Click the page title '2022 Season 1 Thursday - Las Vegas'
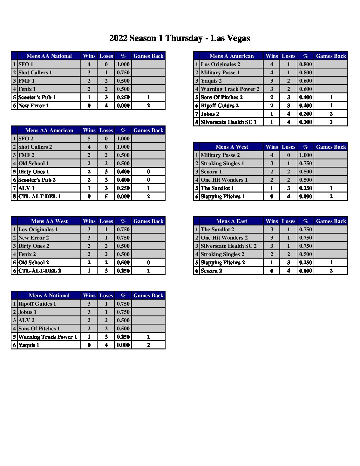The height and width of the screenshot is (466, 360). [x=180, y=38]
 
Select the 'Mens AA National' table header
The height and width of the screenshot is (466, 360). [x=49, y=56]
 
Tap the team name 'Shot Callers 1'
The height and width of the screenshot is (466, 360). [x=35, y=72]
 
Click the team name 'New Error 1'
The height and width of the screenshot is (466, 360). [x=34, y=105]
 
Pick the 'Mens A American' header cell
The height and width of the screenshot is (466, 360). [x=232, y=56]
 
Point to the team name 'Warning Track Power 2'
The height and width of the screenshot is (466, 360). [x=230, y=89]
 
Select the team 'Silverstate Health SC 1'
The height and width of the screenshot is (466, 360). [x=228, y=122]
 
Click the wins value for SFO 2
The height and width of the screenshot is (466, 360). [x=89, y=138]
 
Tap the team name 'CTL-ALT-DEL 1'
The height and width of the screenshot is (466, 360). [x=40, y=196]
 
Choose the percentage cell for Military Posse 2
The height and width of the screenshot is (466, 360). [x=305, y=155]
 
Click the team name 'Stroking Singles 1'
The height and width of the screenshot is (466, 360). [x=222, y=163]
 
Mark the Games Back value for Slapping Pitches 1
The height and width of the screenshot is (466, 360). [x=331, y=196]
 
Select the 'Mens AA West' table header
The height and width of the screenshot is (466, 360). [x=49, y=221]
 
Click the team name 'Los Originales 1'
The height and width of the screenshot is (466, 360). [x=38, y=229]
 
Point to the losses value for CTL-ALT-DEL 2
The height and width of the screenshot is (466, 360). [x=106, y=271]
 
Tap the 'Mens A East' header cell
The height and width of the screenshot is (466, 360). [x=232, y=221]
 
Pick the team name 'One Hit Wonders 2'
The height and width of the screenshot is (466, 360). [x=224, y=238]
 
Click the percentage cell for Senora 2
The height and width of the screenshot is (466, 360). [x=305, y=271]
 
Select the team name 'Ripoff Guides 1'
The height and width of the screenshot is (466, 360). [x=37, y=304]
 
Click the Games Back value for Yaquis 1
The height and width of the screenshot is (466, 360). [x=148, y=345]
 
